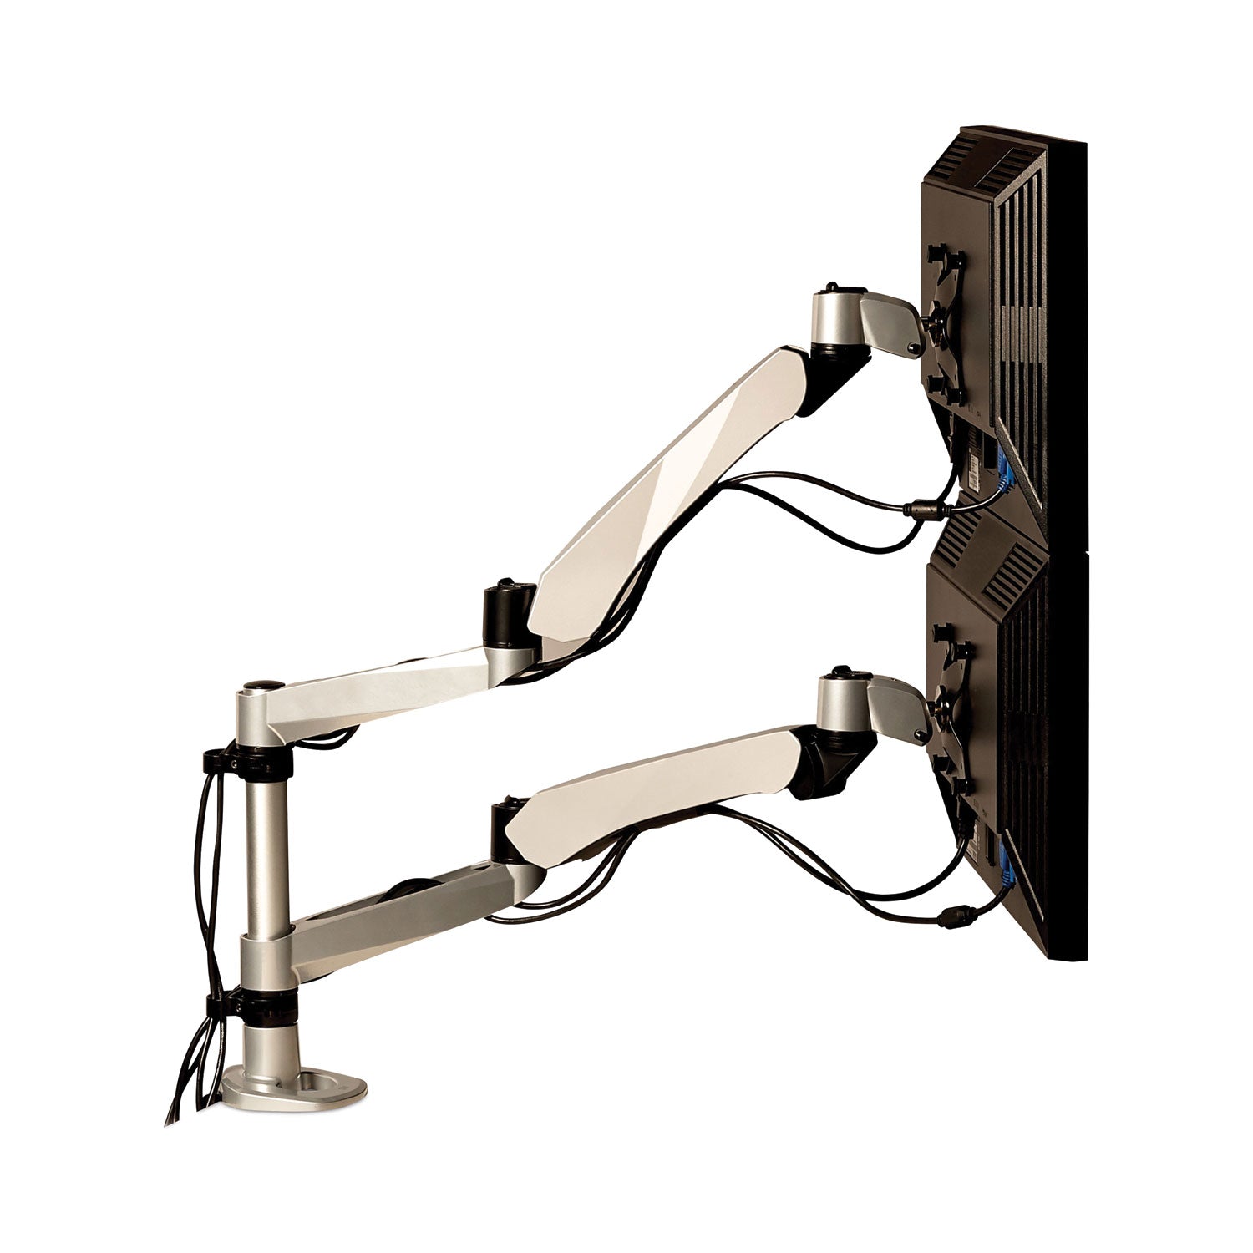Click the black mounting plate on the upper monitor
(x=944, y=317)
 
